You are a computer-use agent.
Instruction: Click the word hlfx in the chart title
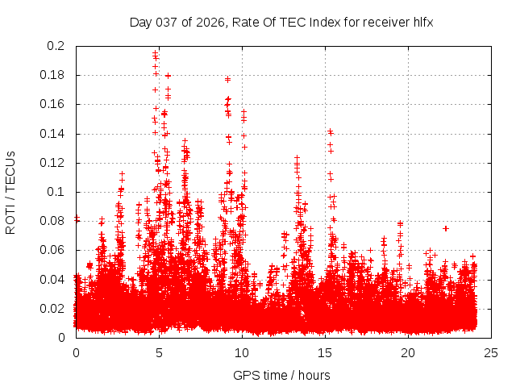click(422, 22)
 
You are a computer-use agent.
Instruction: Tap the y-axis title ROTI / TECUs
click(10, 192)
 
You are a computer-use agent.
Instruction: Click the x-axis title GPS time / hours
click(281, 375)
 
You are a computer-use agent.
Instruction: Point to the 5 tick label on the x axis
click(159, 352)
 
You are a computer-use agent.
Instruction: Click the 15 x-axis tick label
click(325, 352)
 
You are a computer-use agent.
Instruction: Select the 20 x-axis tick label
click(408, 352)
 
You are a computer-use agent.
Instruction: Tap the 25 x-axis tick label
click(491, 352)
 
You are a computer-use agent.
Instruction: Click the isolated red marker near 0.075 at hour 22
click(446, 228)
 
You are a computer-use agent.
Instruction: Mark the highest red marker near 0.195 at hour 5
click(156, 52)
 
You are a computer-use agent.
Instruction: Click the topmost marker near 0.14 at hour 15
click(330, 131)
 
